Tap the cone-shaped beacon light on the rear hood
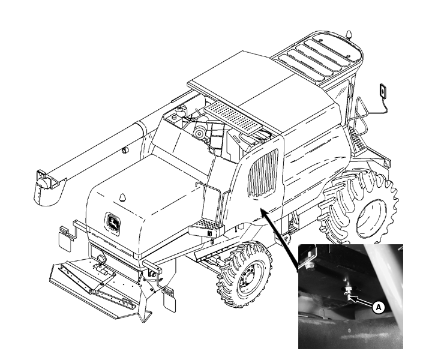tap(122, 197)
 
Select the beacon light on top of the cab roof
tap(349, 34)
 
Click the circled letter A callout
tap(378, 307)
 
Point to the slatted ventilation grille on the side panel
tap(263, 173)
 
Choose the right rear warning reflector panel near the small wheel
tap(169, 301)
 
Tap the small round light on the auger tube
tap(125, 151)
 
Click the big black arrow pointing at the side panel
tap(279, 240)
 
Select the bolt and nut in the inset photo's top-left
tap(310, 259)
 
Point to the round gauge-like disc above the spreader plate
tap(101, 259)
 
